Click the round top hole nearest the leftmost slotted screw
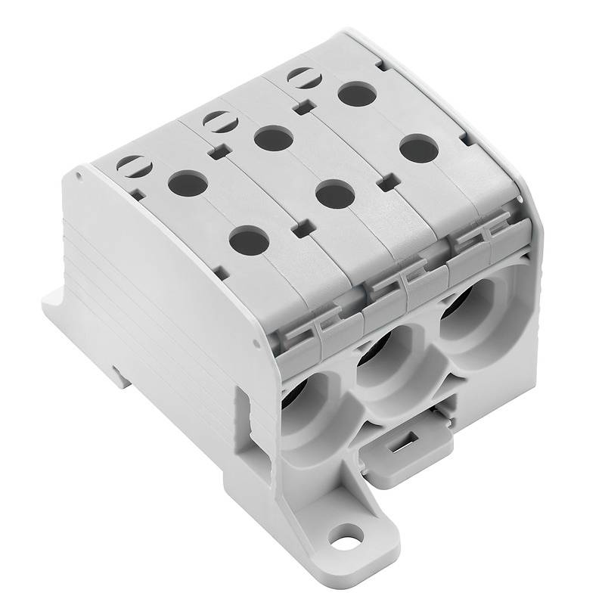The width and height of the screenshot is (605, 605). (187, 182)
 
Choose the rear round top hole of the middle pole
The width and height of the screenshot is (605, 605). (272, 138)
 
